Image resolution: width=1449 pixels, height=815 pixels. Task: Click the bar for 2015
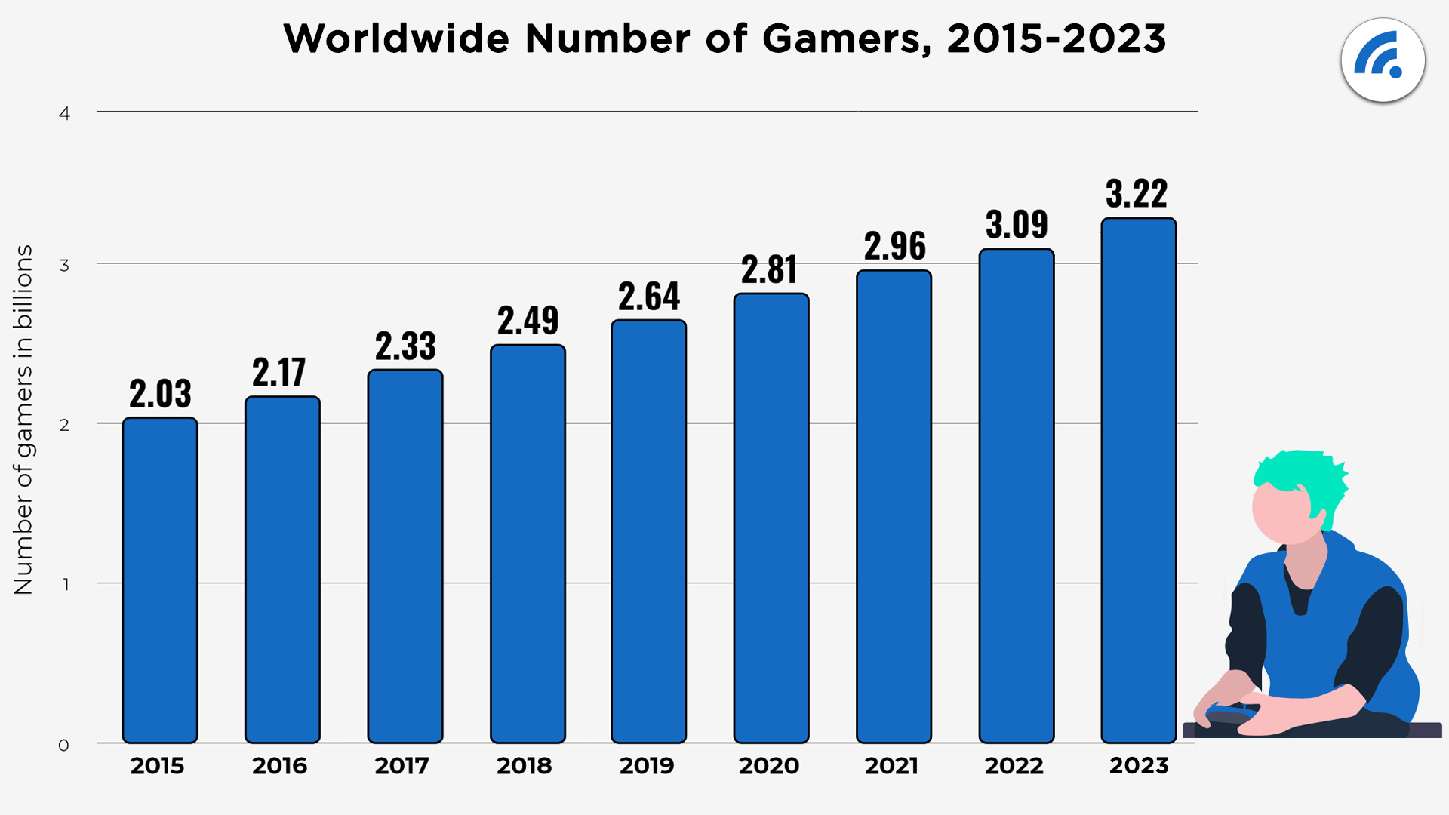[160, 581]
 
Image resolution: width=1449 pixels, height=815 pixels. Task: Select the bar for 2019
[649, 532]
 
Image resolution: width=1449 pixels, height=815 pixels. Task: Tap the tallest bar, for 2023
[1138, 481]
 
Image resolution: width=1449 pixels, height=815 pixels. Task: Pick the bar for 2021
[894, 506]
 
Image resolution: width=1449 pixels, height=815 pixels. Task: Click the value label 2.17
[279, 372]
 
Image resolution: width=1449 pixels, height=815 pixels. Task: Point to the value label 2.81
[770, 269]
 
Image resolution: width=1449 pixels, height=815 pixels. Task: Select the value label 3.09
[1017, 224]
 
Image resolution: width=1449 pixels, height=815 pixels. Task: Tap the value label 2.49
[528, 321]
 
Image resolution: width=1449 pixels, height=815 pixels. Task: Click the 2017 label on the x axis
[401, 766]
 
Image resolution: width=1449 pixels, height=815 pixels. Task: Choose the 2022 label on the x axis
[1014, 766]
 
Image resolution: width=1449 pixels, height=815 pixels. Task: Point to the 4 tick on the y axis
[65, 113]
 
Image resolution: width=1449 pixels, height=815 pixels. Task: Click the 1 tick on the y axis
[66, 584]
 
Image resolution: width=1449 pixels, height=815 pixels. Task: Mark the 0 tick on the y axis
[63, 746]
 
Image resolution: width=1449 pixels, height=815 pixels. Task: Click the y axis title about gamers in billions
[23, 420]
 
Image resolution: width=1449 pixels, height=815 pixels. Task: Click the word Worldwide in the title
[396, 39]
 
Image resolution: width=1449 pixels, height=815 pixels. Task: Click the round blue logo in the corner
[1383, 60]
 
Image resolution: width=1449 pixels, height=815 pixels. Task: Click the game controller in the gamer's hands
[1230, 713]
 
